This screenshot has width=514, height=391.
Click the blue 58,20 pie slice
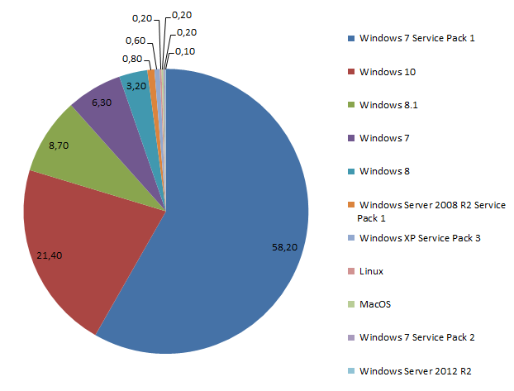[240, 207]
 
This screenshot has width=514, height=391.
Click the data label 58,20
[285, 246]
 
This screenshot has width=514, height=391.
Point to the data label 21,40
[50, 255]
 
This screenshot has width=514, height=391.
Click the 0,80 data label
[131, 59]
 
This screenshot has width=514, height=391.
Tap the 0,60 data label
[136, 41]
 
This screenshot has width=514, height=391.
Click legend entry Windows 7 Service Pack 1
[417, 38]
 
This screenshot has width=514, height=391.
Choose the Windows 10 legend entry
[388, 72]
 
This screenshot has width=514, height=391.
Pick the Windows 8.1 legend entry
[389, 105]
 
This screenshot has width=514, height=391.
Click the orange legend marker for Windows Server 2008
[352, 204]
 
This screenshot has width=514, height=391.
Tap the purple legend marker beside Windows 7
[352, 138]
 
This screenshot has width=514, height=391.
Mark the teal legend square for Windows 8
[352, 171]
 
